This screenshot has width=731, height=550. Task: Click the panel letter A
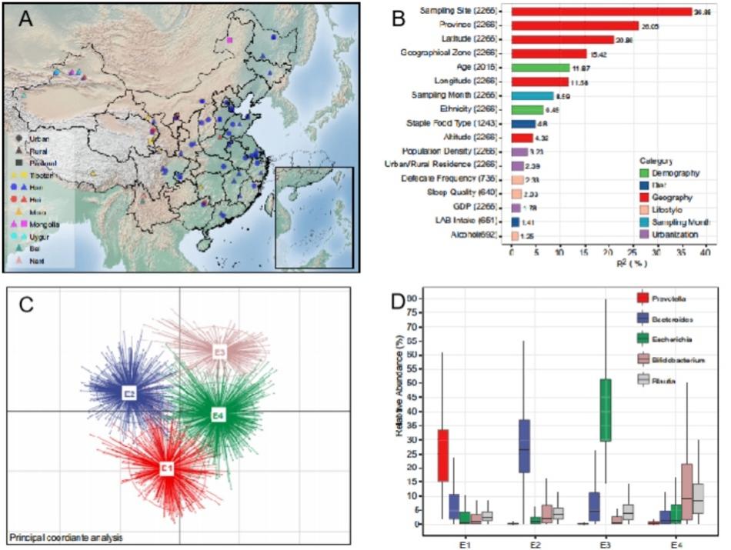pos(25,21)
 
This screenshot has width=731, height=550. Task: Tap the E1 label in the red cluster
pos(166,468)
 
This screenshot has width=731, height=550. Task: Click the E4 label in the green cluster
pos(219,415)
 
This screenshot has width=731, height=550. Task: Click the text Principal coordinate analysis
pos(66,536)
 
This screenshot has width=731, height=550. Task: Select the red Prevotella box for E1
pos(443,455)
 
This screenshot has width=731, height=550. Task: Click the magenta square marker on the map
pos(229,40)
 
